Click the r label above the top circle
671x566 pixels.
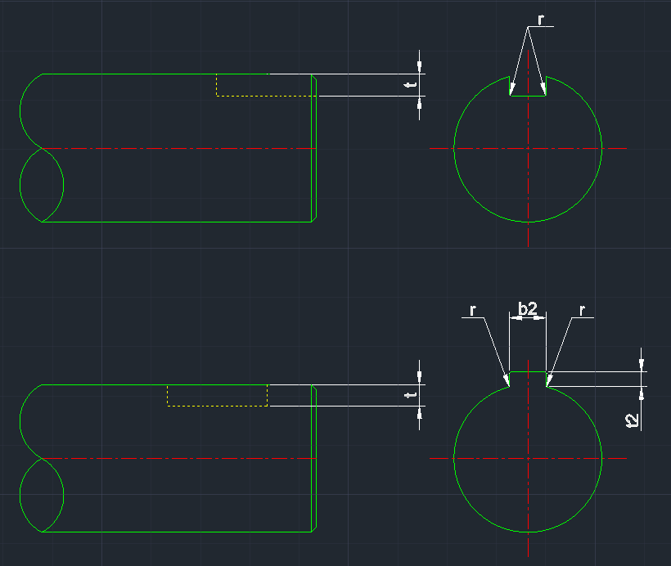click(541, 18)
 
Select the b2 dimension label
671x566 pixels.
click(528, 308)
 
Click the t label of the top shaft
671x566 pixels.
click(412, 84)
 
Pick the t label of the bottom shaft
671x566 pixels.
click(412, 395)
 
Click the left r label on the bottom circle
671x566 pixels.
click(474, 311)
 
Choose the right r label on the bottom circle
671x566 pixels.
click(582, 311)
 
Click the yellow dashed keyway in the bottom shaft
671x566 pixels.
click(217, 405)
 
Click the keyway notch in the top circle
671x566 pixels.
click(528, 88)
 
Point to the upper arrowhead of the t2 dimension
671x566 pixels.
click(642, 365)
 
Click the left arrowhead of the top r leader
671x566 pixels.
click(511, 89)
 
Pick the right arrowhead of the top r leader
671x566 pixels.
click(544, 89)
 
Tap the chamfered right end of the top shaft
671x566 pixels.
click(314, 148)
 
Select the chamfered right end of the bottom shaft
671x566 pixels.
click(314, 459)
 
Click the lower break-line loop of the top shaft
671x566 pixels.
click(41, 185)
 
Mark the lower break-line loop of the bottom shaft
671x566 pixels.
click(41, 496)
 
